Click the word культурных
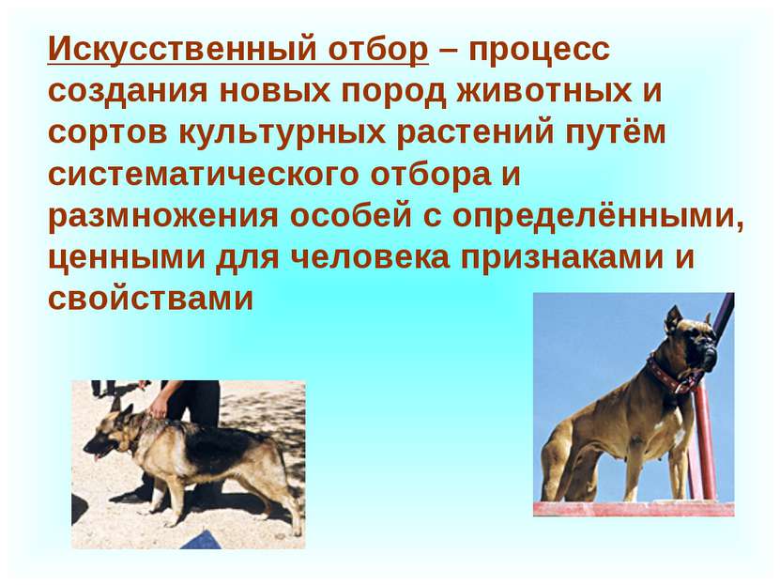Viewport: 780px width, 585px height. tap(281, 133)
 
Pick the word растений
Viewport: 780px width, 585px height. tap(475, 133)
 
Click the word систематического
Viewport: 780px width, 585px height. tap(203, 175)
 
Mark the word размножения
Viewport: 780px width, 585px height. tap(163, 217)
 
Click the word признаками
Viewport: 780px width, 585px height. tap(561, 258)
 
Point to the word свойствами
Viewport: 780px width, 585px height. tap(151, 300)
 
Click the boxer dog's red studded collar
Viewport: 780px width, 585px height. tap(672, 374)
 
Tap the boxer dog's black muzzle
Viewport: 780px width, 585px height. tap(707, 355)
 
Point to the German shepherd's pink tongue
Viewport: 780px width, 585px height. tap(97, 456)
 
